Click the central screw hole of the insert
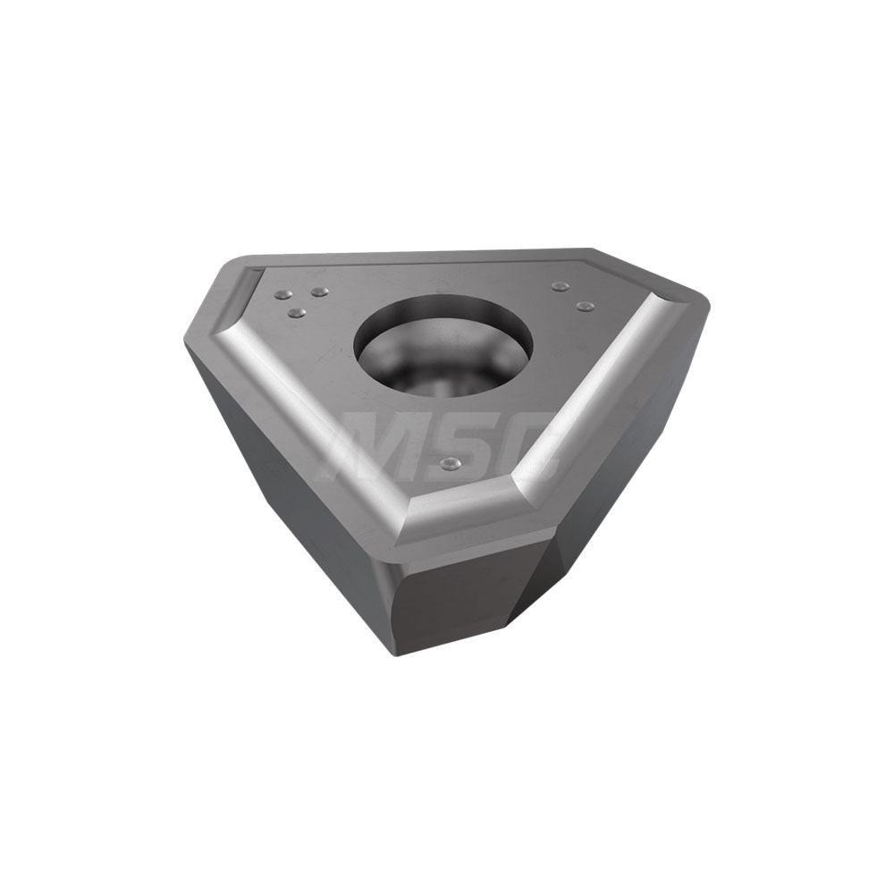pos(443,343)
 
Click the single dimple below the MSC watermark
pos(452,463)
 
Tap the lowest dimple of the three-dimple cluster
pos(298,313)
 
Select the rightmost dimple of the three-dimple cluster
pos(319,291)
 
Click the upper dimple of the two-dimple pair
pos(560,286)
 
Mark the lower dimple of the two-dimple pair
pos(585,307)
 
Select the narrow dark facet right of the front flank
pos(545,572)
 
